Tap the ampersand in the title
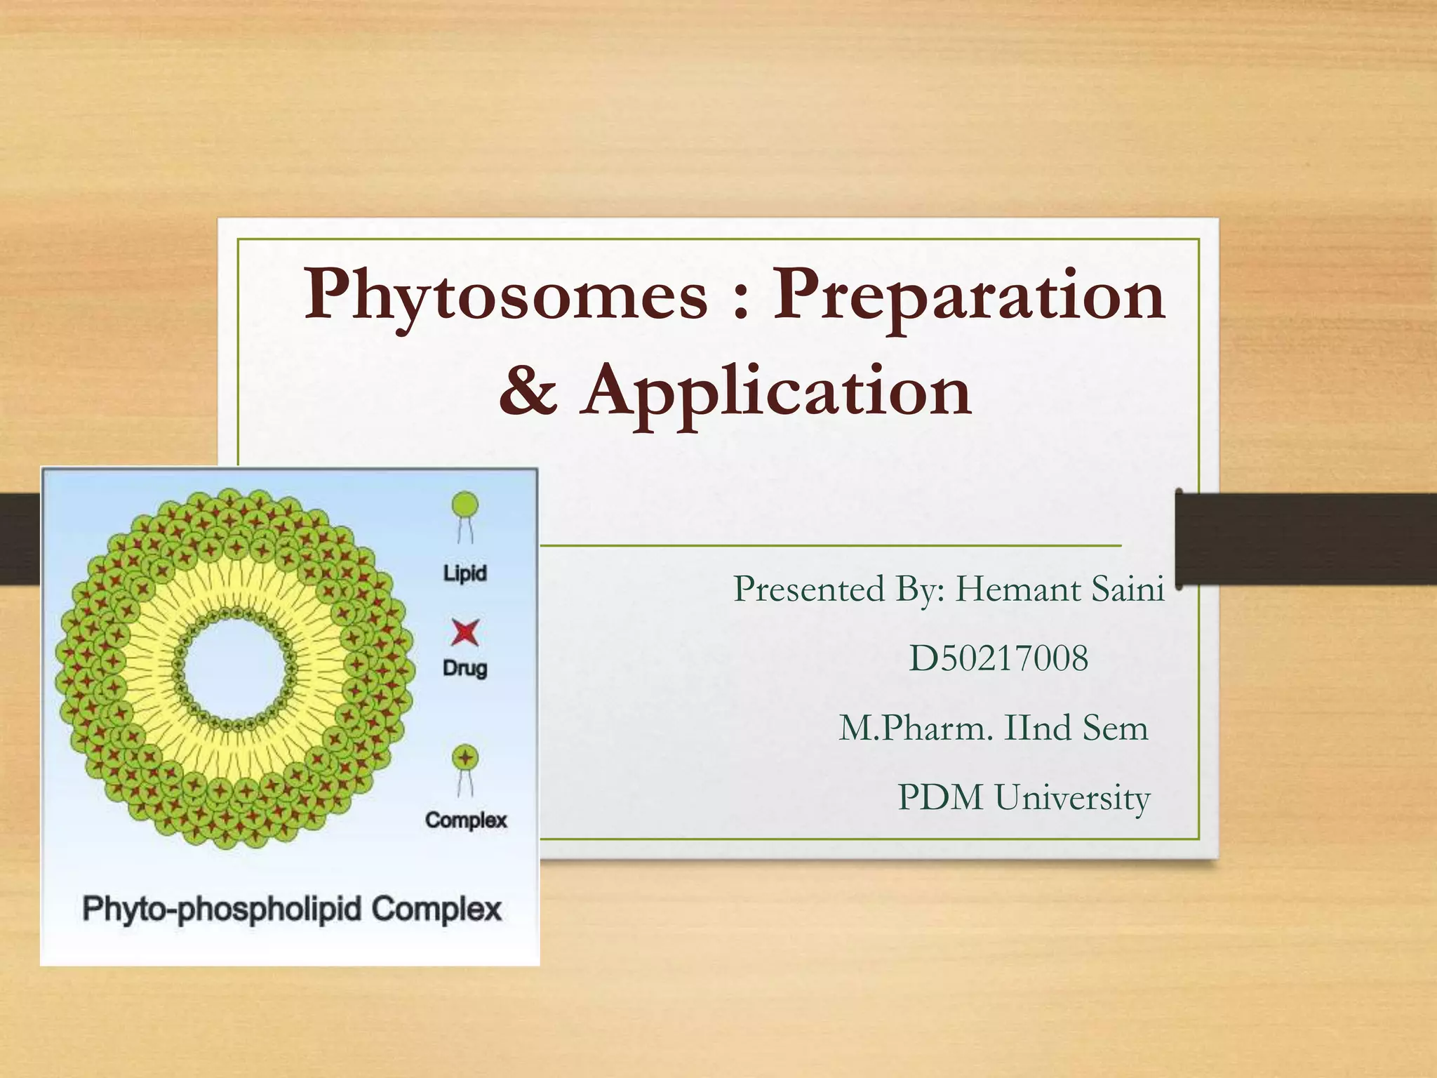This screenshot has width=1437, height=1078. [x=528, y=390]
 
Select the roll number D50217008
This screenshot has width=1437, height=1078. [x=998, y=658]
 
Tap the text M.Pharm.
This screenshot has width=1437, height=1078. [x=916, y=728]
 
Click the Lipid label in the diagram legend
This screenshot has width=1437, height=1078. [x=464, y=573]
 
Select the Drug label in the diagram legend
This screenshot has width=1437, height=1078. [x=464, y=667]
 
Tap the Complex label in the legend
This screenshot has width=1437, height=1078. [x=466, y=820]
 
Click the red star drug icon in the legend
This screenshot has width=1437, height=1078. [x=464, y=632]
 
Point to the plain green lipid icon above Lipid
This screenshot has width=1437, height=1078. [x=464, y=506]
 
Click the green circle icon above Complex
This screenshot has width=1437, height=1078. [x=464, y=758]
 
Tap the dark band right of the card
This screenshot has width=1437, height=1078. [x=1305, y=539]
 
